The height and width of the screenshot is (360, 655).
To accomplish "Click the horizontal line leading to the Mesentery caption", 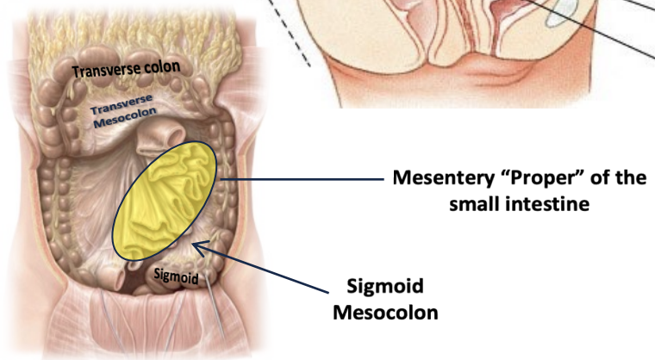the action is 302,180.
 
